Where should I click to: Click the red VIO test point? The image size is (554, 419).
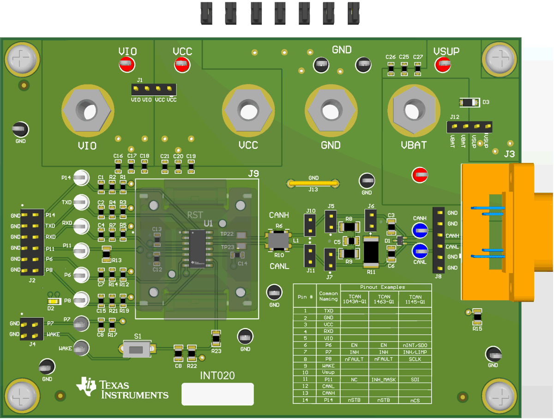coord(127,65)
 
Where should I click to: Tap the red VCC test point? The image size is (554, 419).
coord(182,65)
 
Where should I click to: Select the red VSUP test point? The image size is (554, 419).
coord(442,65)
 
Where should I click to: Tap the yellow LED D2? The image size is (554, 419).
coord(51,301)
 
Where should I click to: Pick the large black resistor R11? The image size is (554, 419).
coord(371,251)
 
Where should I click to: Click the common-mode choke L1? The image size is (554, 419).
coord(279,240)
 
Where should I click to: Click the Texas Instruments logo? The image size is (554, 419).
coord(122,389)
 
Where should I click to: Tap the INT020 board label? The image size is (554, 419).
coord(217,376)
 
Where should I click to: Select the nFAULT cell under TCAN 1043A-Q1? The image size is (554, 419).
coord(354,359)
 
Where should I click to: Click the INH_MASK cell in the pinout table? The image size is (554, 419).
coord(384,380)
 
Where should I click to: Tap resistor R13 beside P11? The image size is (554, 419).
coord(107,252)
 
